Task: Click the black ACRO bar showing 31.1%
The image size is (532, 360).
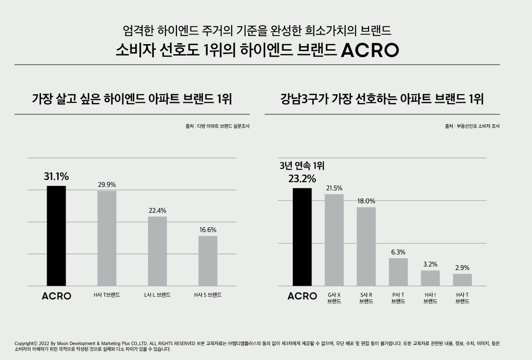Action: click(56, 236)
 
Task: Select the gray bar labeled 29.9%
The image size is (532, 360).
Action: click(107, 238)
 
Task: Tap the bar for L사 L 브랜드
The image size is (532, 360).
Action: click(157, 251)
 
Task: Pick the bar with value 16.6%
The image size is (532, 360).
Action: click(208, 261)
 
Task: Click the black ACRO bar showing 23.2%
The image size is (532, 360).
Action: click(302, 237)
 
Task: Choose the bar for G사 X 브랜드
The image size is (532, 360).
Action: click(334, 240)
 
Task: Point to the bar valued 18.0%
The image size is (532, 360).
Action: click(366, 246)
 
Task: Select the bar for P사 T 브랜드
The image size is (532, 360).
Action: click(398, 272)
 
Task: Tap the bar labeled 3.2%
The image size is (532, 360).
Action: click(430, 278)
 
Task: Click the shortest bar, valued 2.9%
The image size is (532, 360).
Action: click(462, 280)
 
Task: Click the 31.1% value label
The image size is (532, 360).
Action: click(56, 176)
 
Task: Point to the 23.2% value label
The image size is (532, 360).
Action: click(302, 178)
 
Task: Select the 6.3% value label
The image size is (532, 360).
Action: click(398, 252)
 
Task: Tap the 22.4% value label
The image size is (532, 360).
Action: click(157, 210)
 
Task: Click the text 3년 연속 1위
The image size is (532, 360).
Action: click(298, 166)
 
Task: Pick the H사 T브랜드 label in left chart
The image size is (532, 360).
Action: click(107, 295)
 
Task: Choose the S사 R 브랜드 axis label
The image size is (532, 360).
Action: click(366, 298)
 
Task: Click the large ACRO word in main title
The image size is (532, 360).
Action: click(370, 50)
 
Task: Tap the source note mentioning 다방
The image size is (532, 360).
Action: click(218, 126)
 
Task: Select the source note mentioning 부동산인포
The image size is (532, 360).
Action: click(472, 126)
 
